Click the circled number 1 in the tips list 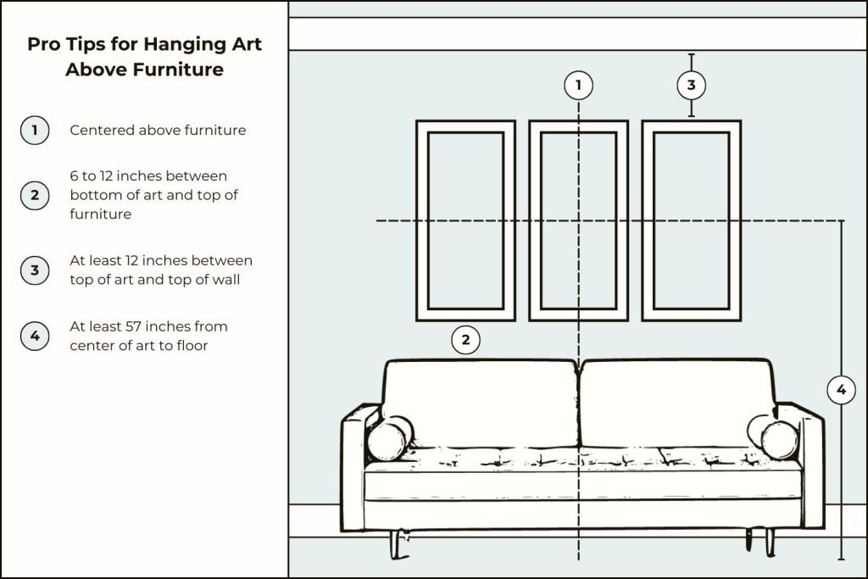[x=34, y=130]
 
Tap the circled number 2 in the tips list [x=34, y=195]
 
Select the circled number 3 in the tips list [x=34, y=270]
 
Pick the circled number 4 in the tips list [x=34, y=336]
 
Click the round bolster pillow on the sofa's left [x=389, y=438]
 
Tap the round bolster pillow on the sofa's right [x=774, y=437]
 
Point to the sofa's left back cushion [x=480, y=403]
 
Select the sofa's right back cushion [x=677, y=403]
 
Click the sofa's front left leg [x=397, y=545]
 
